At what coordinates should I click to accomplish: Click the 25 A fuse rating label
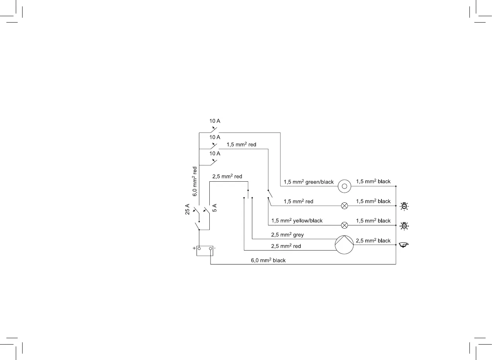tap(188, 209)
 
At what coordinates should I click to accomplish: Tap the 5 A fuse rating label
tap(215, 208)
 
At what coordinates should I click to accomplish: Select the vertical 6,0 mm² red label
tap(195, 181)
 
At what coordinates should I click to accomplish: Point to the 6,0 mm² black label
tap(268, 260)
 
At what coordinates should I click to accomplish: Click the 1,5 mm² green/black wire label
tap(309, 182)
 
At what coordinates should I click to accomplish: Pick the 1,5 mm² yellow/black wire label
tap(297, 221)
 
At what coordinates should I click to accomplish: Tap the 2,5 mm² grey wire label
tap(287, 235)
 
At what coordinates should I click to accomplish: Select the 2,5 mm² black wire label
tap(373, 241)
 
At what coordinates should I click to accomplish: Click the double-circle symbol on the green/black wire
tap(344, 186)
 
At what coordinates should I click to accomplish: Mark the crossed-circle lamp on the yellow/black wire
tap(344, 225)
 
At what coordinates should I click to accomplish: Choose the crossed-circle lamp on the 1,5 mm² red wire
tap(344, 206)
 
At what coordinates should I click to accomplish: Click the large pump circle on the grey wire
tap(344, 245)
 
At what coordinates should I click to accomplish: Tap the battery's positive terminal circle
tap(199, 249)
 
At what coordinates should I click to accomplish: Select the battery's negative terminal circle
tap(210, 249)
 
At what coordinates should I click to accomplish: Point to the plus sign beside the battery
tap(194, 248)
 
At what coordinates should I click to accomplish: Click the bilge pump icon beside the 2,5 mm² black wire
tap(404, 245)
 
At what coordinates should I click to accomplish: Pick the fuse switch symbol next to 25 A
tap(196, 210)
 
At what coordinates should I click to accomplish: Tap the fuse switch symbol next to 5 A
tap(206, 210)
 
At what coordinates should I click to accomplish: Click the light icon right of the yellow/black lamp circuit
tap(404, 226)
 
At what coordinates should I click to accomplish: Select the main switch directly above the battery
tap(197, 226)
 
